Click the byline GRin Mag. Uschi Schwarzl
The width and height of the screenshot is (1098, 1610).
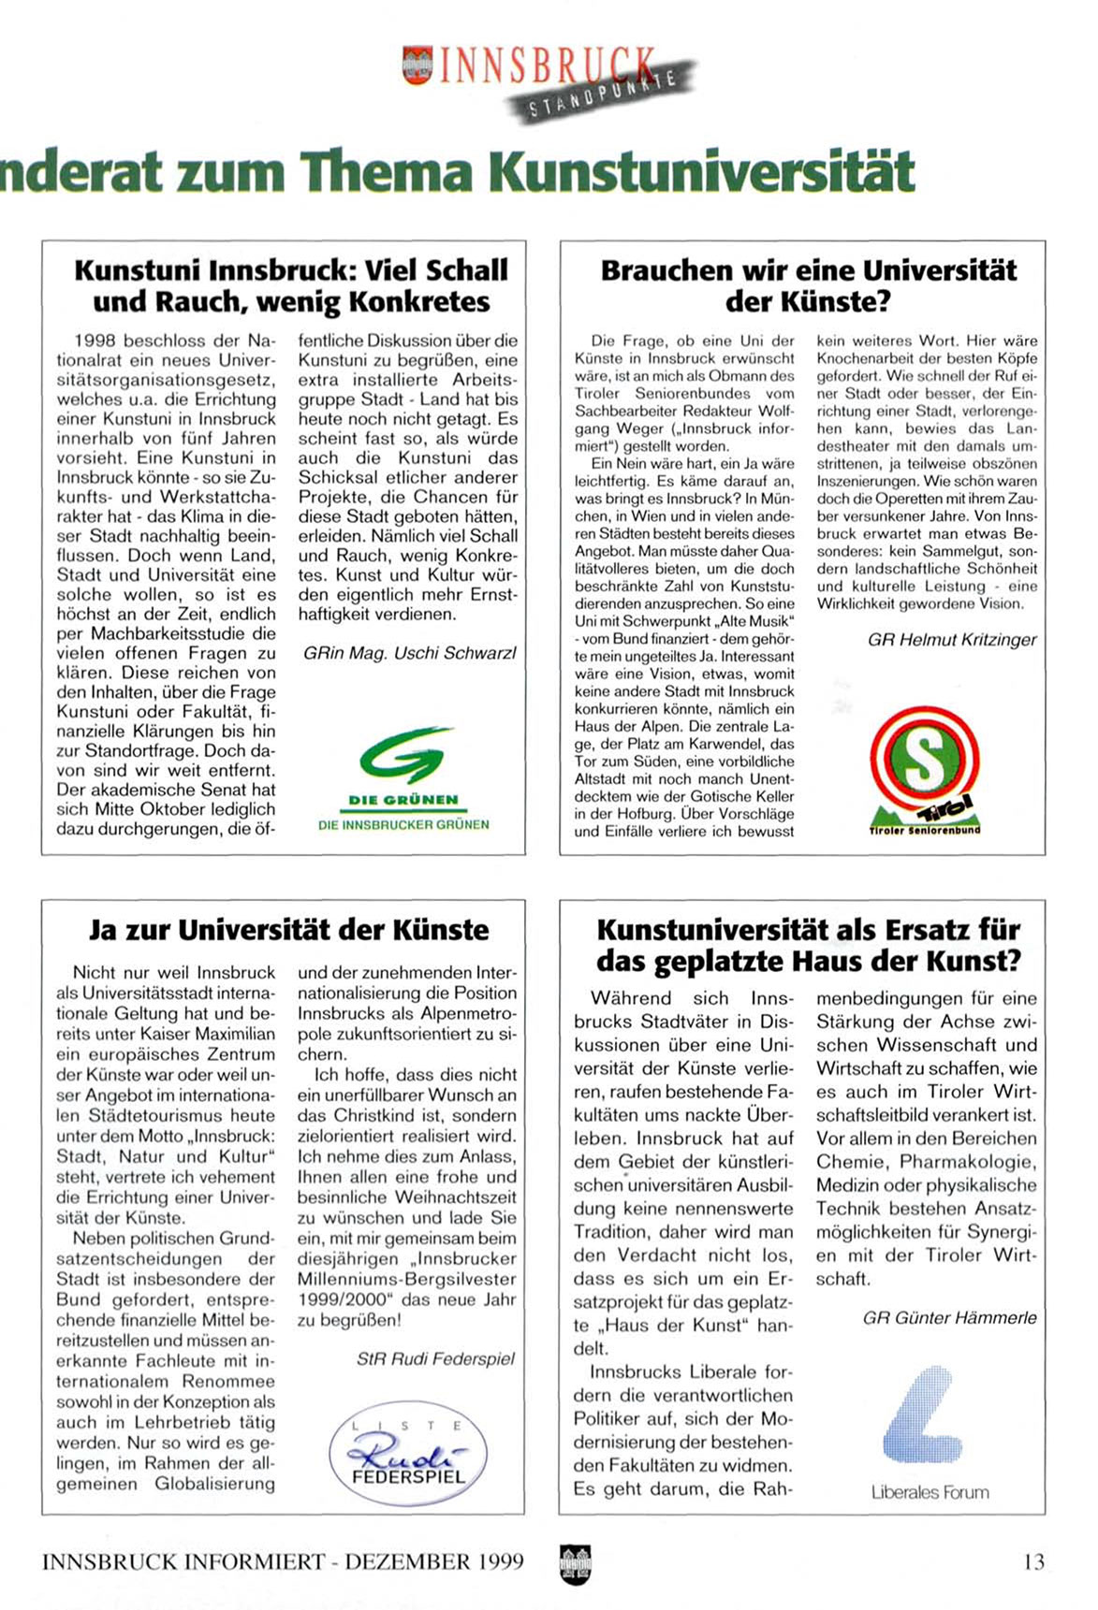coord(409,653)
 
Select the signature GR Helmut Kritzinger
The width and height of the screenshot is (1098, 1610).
coord(952,640)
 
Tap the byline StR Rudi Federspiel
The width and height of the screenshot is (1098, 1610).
coord(435,1358)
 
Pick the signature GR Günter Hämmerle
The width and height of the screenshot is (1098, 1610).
coord(949,1317)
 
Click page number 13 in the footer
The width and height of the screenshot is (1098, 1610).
coord(1033,1561)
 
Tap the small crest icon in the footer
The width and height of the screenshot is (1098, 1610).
coord(575,1562)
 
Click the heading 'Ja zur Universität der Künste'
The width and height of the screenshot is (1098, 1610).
coord(288,930)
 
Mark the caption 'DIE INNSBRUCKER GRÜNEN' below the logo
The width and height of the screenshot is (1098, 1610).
coord(403,824)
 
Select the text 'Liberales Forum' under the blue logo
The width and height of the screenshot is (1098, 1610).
coord(930,1492)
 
